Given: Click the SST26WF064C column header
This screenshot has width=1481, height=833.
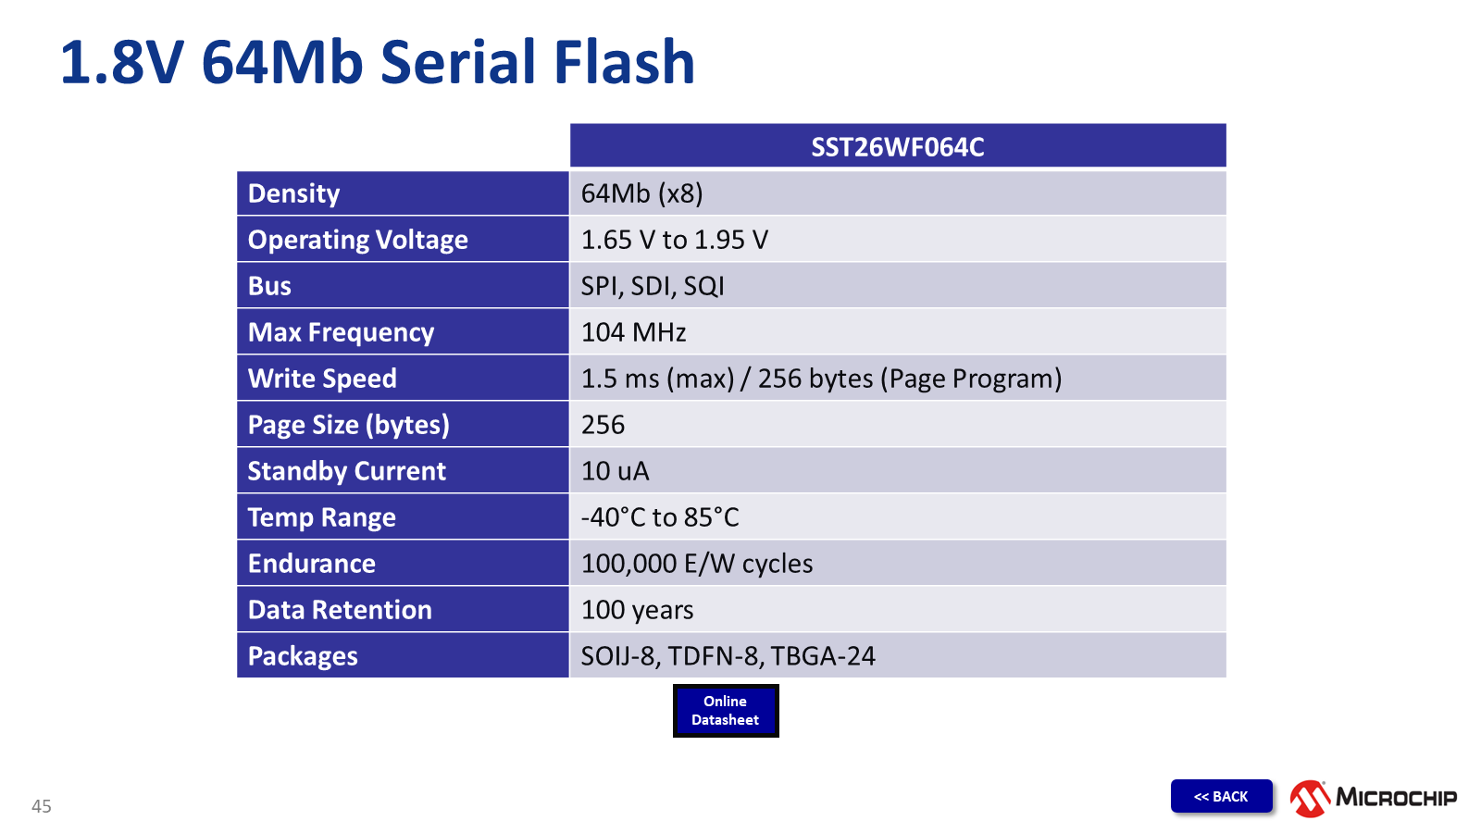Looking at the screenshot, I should tap(897, 147).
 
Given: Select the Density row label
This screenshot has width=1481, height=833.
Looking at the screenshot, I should tap(294, 193).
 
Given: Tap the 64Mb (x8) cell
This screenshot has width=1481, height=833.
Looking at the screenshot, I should tap(641, 193).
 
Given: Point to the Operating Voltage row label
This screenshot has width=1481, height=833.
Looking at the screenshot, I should tap(357, 240).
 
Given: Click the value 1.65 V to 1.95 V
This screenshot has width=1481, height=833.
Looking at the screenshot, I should tap(674, 240).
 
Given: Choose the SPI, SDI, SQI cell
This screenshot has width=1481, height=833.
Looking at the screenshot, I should tap(653, 286).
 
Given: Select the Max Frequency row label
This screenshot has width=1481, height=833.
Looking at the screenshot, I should tap(341, 332).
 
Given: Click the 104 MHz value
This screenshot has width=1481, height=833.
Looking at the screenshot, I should tap(633, 332).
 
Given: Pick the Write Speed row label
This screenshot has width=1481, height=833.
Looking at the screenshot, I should tap(322, 379).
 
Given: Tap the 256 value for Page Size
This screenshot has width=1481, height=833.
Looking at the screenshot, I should tap(603, 425).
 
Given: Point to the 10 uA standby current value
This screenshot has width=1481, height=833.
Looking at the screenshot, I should tap(615, 471).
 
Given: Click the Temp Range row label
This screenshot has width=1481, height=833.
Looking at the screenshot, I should tap(321, 517).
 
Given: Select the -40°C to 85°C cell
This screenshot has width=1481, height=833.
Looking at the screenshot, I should tap(660, 517).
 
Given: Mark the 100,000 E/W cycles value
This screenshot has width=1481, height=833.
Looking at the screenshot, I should tap(697, 564).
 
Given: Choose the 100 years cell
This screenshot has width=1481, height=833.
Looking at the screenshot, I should tap(637, 610).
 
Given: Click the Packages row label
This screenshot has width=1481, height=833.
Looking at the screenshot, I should tap(303, 656).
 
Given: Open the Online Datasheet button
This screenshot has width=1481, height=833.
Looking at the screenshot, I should tap(726, 711).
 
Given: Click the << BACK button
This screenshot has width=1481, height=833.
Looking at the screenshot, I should tap(1221, 796).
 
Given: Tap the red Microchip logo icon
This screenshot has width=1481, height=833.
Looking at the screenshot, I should tap(1310, 798).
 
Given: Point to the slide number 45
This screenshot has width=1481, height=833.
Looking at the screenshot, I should tap(42, 806).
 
